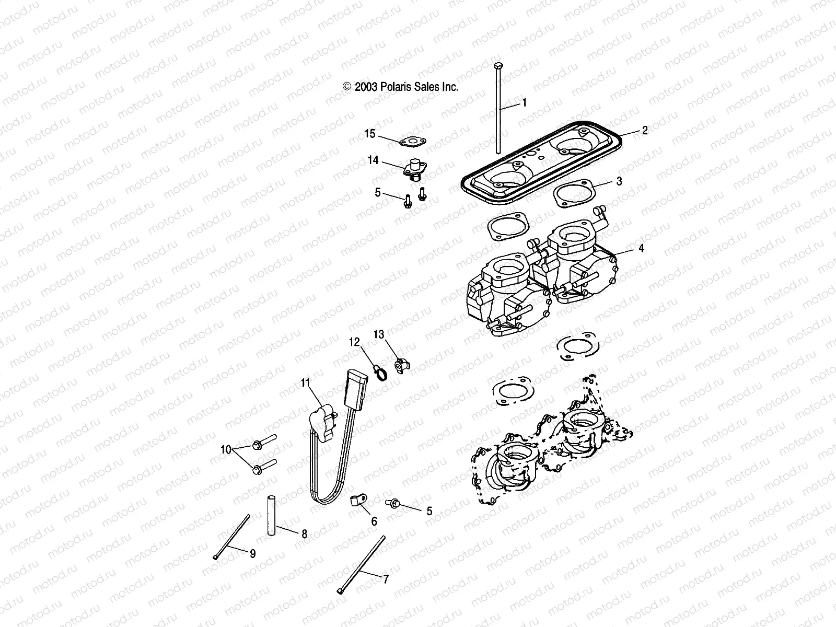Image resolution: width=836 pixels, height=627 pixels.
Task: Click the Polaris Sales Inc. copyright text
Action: [x=400, y=87]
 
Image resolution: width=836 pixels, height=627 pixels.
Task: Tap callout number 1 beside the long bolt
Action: [x=524, y=103]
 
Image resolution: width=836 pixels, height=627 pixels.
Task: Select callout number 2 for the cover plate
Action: [x=645, y=131]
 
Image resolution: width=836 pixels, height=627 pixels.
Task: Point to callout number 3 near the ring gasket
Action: [x=619, y=181]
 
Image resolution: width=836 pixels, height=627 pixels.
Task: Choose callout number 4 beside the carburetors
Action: [x=641, y=249]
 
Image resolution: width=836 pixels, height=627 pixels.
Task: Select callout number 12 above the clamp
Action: [x=355, y=342]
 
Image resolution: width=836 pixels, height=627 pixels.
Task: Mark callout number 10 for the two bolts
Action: [x=225, y=449]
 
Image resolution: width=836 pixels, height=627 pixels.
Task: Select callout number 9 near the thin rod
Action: [x=252, y=554]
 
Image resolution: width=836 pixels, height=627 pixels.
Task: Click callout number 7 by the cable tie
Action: [x=386, y=579]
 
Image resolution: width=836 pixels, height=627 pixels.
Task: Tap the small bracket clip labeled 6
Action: [x=355, y=503]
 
